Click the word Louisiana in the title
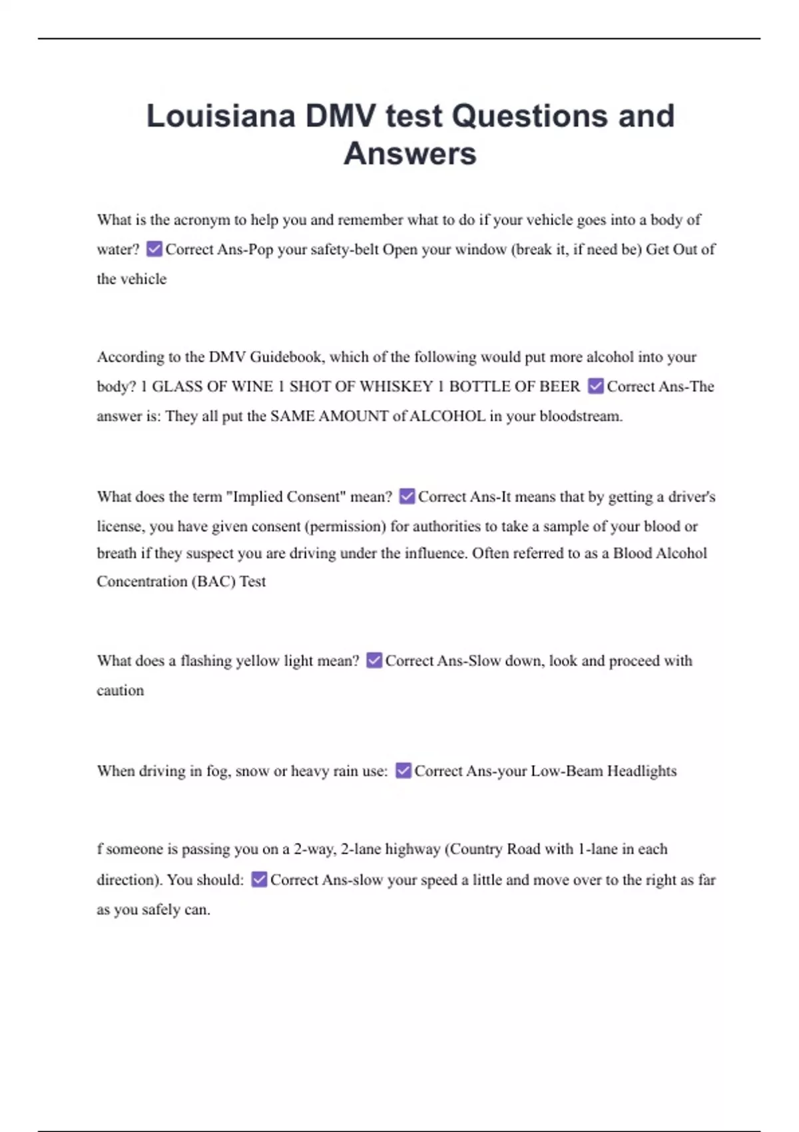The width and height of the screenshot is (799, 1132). coord(220,116)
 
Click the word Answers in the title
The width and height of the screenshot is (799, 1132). coord(409,154)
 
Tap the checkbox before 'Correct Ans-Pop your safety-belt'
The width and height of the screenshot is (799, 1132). coord(154,249)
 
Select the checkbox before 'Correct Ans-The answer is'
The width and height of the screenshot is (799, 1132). coord(596,386)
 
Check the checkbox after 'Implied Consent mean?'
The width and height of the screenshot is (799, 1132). coord(407,497)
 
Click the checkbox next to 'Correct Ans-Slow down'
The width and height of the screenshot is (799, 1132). coord(374,661)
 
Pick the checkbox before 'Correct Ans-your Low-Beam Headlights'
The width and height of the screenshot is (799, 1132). coord(403,771)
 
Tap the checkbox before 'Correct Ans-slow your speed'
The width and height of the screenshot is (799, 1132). coord(259,880)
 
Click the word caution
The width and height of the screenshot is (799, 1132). coord(120,691)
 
